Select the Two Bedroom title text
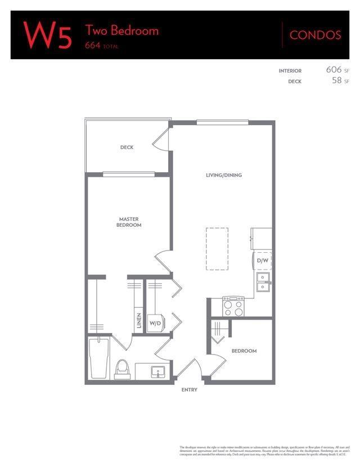(121, 30)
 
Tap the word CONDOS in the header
(315, 35)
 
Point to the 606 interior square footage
(334, 70)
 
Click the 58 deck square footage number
(337, 80)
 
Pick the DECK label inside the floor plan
(127, 147)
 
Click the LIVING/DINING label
(223, 175)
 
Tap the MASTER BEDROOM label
(129, 222)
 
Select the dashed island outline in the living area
(217, 248)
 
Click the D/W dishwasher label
(262, 261)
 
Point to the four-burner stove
(233, 307)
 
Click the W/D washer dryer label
(155, 324)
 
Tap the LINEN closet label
(138, 321)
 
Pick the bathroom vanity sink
(157, 372)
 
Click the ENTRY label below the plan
(190, 389)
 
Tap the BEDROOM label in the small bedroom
(244, 351)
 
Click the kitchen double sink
(263, 281)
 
